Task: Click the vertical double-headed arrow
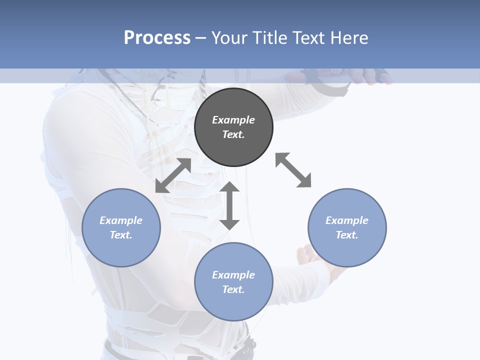tap(229, 205)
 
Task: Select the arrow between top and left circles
tap(173, 175)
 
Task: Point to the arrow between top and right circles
tap(293, 170)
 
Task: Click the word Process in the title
tap(157, 37)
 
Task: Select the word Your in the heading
tap(229, 37)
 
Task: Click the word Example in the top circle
tap(233, 120)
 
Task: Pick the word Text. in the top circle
tap(233, 134)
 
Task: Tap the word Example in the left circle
tap(121, 220)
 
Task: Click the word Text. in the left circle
tap(121, 235)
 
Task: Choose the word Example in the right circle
tap(347, 220)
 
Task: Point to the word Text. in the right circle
tap(347, 235)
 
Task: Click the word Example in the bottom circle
tap(233, 275)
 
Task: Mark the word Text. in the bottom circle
tap(233, 289)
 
